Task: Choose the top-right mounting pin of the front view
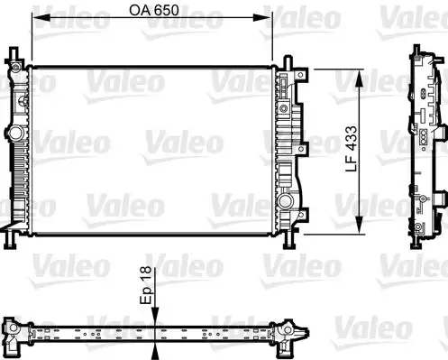coord(288,63)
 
